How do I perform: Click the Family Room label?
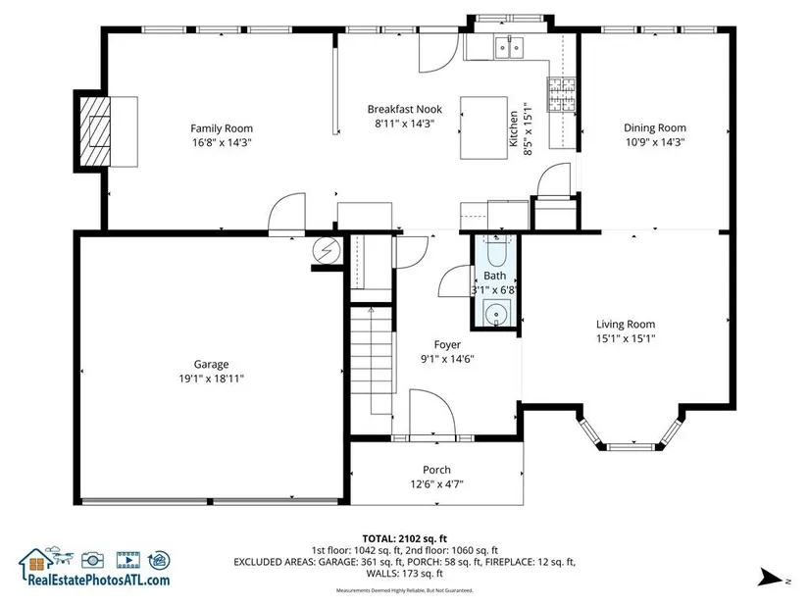(x=222, y=128)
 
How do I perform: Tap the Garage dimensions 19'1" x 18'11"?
(x=211, y=379)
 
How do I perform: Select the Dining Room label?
(x=655, y=128)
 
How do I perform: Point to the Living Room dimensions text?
(x=626, y=338)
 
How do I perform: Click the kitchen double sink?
(x=509, y=47)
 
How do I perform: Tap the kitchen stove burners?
(x=561, y=94)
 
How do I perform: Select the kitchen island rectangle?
(x=483, y=127)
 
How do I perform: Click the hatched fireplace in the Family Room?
(x=95, y=131)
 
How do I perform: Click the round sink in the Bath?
(x=496, y=314)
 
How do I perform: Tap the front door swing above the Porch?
(x=432, y=413)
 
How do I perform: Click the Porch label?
(x=436, y=470)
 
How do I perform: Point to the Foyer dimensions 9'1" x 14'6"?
(x=447, y=359)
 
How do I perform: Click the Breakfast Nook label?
(x=404, y=109)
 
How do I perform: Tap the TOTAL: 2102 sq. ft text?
(x=404, y=539)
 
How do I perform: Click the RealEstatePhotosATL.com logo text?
(x=98, y=580)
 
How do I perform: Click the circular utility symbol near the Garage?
(x=328, y=250)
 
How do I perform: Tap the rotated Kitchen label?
(x=514, y=128)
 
